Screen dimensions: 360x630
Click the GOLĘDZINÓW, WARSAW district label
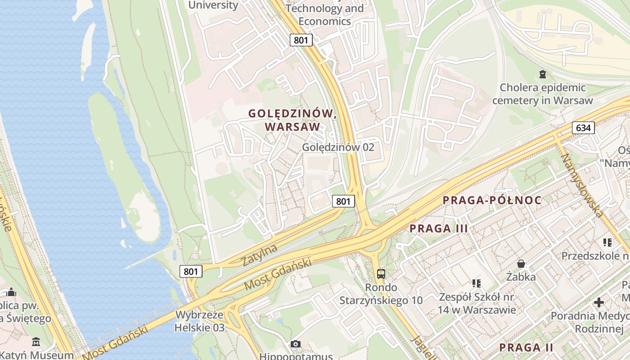click(x=293, y=120)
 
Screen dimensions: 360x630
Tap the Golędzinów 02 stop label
click(x=338, y=147)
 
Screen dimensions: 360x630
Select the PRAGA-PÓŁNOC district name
click(x=492, y=201)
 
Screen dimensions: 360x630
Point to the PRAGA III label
click(x=439, y=229)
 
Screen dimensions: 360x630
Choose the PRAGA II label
click(x=526, y=347)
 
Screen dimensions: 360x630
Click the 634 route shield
click(x=583, y=128)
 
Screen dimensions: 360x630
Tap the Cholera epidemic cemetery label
click(x=543, y=94)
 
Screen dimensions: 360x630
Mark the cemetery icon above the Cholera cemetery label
click(x=543, y=74)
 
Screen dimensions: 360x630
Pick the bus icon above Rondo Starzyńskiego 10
click(x=381, y=274)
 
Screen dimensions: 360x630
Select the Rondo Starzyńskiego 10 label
click(x=381, y=294)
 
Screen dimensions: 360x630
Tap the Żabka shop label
click(x=521, y=276)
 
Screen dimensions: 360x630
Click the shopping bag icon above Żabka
click(x=521, y=263)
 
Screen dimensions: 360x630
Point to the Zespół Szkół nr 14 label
click(x=477, y=303)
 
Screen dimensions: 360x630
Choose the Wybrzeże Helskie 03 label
click(x=199, y=321)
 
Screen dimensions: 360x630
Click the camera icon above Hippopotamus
click(x=296, y=344)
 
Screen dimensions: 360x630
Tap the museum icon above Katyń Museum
click(x=36, y=342)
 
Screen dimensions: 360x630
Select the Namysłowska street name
click(x=581, y=185)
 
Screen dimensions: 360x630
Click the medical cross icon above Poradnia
click(x=599, y=302)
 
